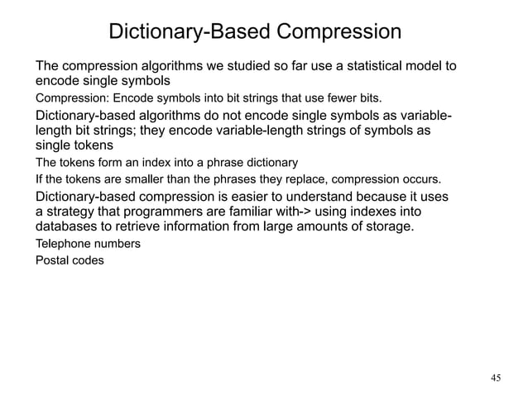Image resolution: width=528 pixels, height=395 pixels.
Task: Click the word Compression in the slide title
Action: pos(338,33)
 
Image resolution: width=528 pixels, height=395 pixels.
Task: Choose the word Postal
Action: pos(50,261)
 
